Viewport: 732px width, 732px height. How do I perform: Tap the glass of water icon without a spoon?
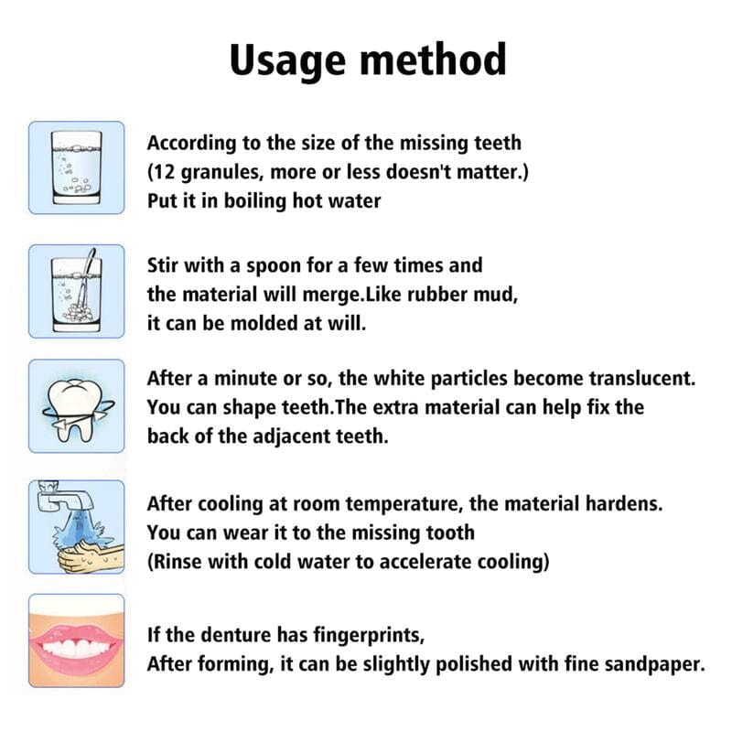76,167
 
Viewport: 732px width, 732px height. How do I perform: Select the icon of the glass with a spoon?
76,290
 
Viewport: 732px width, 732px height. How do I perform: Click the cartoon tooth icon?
76,405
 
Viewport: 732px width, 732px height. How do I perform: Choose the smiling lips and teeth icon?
76,640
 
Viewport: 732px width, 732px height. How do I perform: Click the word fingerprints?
358,634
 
